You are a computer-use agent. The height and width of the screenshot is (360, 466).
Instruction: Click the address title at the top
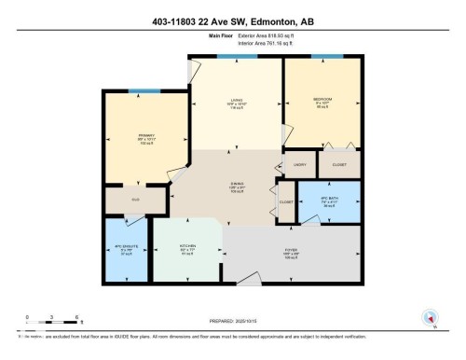pos(232,21)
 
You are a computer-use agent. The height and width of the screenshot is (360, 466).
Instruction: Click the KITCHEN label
pos(187,249)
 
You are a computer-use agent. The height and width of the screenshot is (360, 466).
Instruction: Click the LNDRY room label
pos(299,163)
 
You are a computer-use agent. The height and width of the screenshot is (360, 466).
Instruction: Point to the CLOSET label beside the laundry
pos(337,163)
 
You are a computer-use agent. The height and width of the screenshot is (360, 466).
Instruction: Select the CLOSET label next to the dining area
pos(284,201)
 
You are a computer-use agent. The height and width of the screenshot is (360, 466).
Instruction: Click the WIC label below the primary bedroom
pos(135,199)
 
